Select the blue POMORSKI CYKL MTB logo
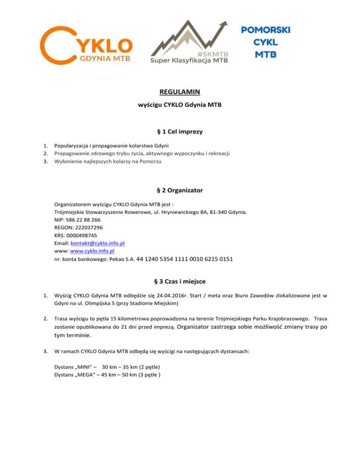(266, 42)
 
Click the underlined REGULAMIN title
(180, 98)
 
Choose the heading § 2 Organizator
(180, 191)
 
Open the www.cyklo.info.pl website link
(93, 251)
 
